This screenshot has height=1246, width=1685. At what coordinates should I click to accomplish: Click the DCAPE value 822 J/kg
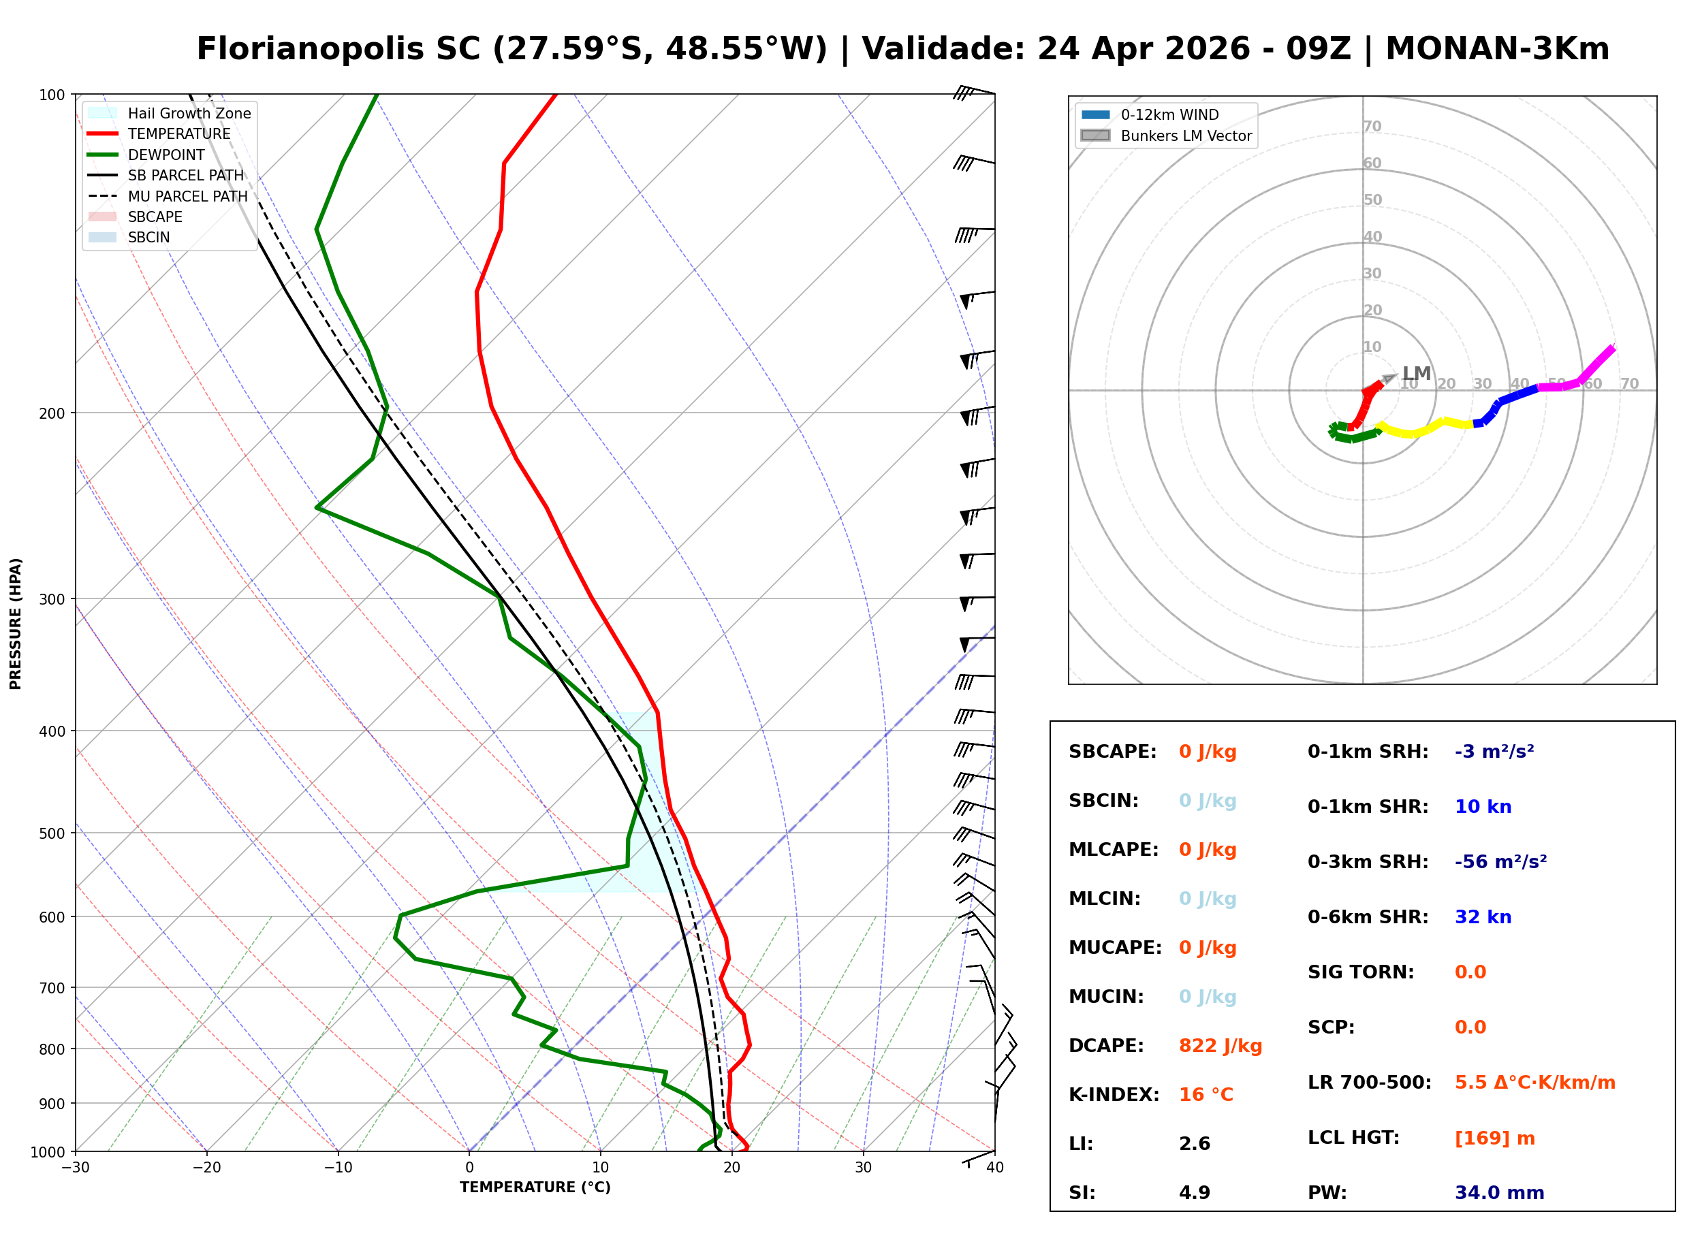(x=1220, y=1045)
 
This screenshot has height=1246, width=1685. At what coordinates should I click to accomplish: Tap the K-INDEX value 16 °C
(x=1206, y=1094)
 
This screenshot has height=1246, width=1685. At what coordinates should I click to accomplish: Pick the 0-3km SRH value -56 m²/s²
(x=1500, y=861)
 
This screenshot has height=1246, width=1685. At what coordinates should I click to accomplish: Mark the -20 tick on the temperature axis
(x=206, y=1168)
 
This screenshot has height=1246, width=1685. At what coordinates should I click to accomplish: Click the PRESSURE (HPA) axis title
(x=16, y=623)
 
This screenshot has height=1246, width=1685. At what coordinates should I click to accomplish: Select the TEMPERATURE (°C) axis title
(x=535, y=1187)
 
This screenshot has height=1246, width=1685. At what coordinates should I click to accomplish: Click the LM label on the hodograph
(x=1416, y=373)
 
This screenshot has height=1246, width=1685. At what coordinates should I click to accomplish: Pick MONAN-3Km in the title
(x=1497, y=49)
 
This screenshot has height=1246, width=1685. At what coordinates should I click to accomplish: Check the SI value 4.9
(x=1194, y=1192)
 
